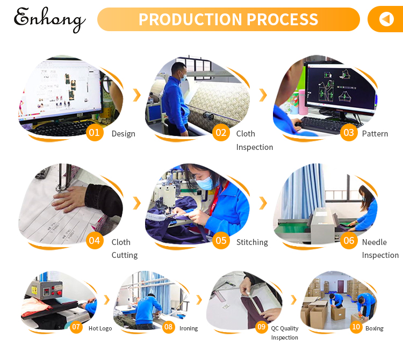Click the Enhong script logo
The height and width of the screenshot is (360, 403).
pyautogui.click(x=49, y=20)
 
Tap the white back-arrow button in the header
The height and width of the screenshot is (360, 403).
pyautogui.click(x=386, y=19)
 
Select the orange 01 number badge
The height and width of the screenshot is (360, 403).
pyautogui.click(x=95, y=133)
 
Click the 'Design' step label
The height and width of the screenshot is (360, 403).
pyautogui.click(x=123, y=134)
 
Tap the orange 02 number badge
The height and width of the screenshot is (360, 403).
pyautogui.click(x=221, y=133)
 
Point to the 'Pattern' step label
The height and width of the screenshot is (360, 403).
pyautogui.click(x=375, y=134)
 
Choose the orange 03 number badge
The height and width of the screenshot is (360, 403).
pyautogui.click(x=349, y=133)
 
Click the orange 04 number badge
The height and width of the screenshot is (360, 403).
pyautogui.click(x=95, y=240)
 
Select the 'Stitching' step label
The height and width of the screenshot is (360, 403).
pyautogui.click(x=252, y=242)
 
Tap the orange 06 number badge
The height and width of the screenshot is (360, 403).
pyautogui.click(x=349, y=240)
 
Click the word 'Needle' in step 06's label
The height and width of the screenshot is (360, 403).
pyautogui.click(x=374, y=242)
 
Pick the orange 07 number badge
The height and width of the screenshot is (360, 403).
pyautogui.click(x=76, y=327)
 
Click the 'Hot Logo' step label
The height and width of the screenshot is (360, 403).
pyautogui.click(x=100, y=328)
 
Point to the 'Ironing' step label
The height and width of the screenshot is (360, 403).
pyautogui.click(x=188, y=328)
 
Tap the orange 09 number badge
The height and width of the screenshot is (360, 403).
pyautogui.click(x=262, y=327)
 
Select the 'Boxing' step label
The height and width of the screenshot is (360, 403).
pyautogui.click(x=374, y=328)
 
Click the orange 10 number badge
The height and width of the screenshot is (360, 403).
pyautogui.click(x=356, y=327)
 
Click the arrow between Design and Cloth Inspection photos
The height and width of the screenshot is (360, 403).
pyautogui.click(x=137, y=95)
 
